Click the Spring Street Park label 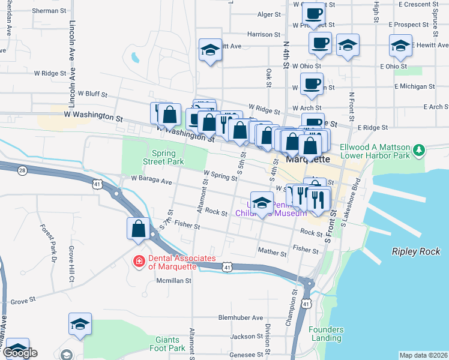pos(163,157)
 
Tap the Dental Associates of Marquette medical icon pos(139,261)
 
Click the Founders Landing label pos(327,334)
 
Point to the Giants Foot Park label pos(167,344)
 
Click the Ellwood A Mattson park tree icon pos(420,151)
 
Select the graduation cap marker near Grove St pos(80,325)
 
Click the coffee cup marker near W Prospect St pos(314,14)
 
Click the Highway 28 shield pos(22,171)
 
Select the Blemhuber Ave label pos(241,317)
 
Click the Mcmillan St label pos(173,280)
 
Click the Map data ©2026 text pos(423,355)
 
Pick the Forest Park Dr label pos(48,243)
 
